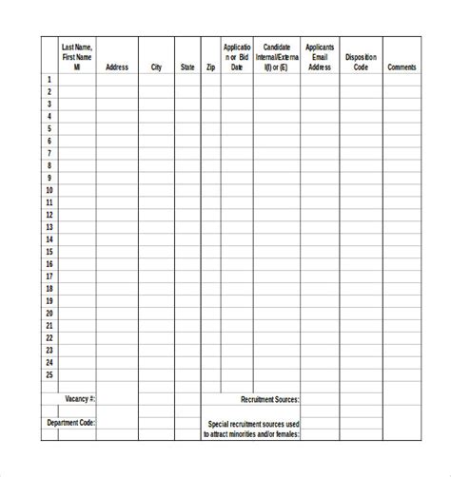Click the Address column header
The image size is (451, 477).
coord(117,67)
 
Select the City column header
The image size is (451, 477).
coord(156,67)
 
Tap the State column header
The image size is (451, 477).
coord(187,67)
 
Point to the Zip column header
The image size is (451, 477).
coord(210,67)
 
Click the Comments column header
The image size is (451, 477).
coord(402,67)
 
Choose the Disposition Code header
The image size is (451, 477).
coord(361,63)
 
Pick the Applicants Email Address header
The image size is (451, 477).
coord(320,56)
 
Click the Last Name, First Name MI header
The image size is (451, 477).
coord(76,56)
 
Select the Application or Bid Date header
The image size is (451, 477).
coord(237,56)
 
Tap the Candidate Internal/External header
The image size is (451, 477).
coord(277,56)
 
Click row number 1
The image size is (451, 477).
coord(49,80)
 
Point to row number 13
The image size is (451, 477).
coord(49,227)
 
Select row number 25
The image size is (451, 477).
coord(49,374)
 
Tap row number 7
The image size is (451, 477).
coord(49,153)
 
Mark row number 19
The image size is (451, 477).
coord(49,300)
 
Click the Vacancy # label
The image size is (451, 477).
coord(80,399)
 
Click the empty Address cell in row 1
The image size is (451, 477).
coord(117,80)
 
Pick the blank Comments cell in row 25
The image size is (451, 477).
coord(402,374)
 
